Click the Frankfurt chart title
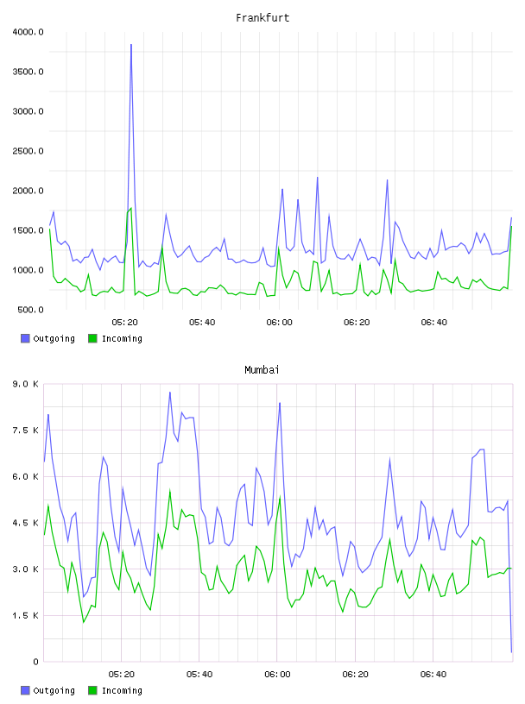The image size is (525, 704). tap(262, 18)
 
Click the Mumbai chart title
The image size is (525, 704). tap(262, 370)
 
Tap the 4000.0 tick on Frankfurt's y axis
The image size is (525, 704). tap(28, 32)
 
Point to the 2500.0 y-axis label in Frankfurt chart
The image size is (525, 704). tap(28, 151)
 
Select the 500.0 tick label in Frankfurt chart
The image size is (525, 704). tap(30, 310)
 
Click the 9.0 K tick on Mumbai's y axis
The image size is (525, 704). tap(26, 384)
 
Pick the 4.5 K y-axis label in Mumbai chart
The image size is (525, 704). tap(26, 523)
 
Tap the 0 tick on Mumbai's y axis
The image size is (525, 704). tap(36, 662)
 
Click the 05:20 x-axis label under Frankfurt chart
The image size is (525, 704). tap(125, 323)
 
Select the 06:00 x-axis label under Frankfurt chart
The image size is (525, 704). tap(279, 323)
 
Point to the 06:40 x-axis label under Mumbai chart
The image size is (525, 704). tap(433, 675)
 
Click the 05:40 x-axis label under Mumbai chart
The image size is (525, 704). tap(199, 675)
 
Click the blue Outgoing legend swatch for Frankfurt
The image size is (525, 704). tap(25, 338)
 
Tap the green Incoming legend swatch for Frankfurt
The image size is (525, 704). tap(92, 338)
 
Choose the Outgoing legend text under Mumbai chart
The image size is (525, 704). tap(54, 690)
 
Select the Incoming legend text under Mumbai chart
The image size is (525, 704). tap(122, 690)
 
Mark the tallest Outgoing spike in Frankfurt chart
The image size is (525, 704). tap(131, 45)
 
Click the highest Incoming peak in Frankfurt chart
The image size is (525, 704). tap(130, 208)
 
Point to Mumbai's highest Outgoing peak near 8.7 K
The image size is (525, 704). tap(170, 392)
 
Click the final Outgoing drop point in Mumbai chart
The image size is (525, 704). tap(511, 652)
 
